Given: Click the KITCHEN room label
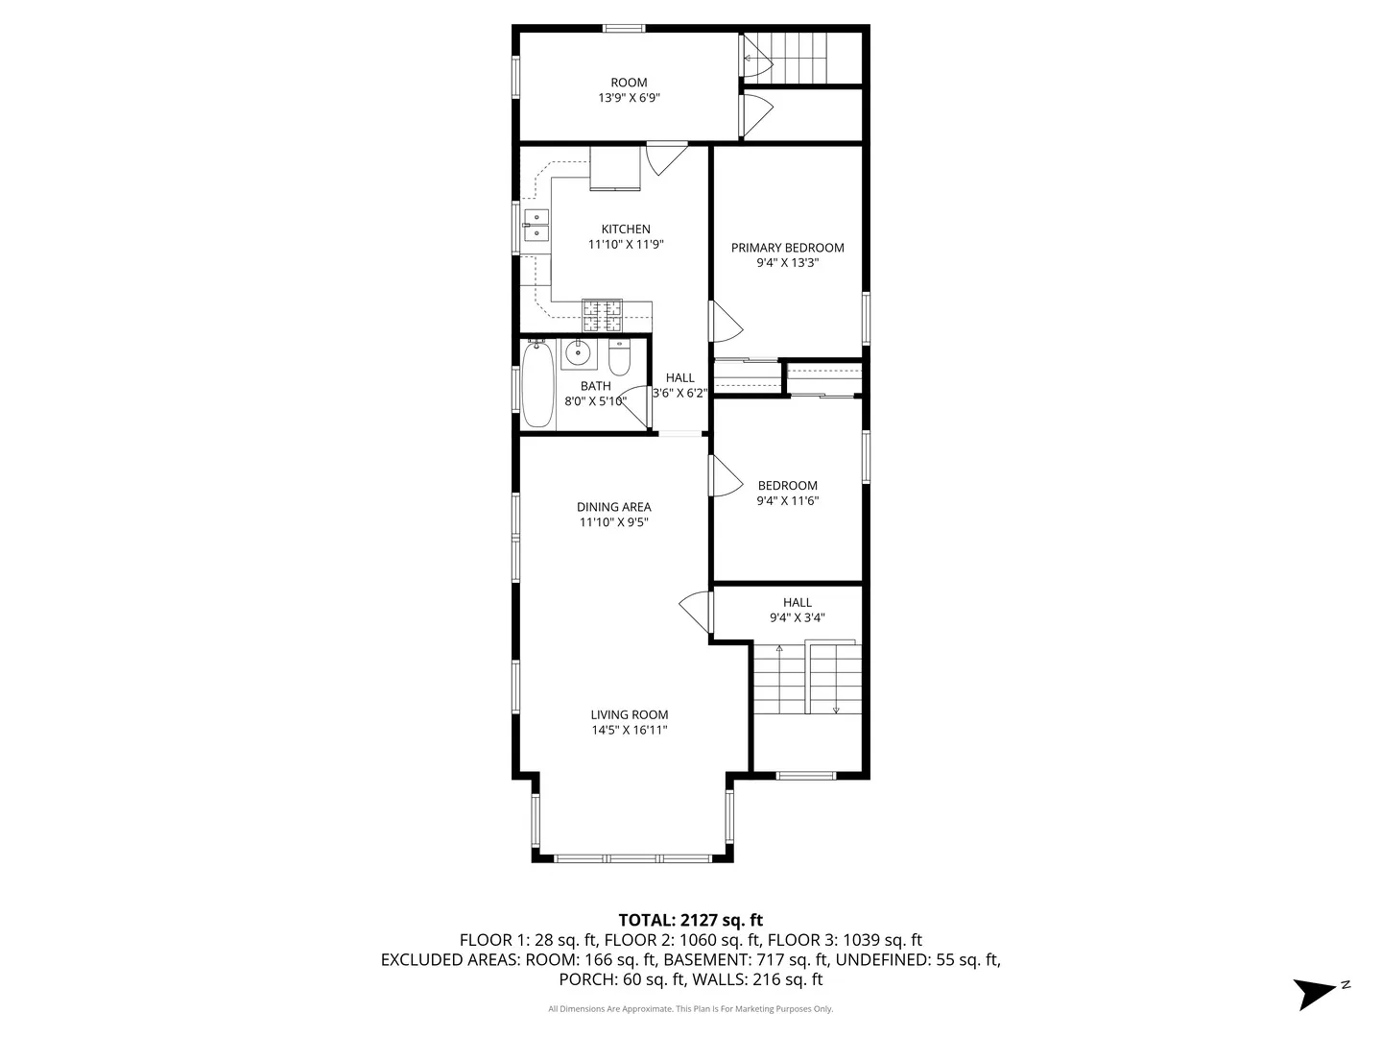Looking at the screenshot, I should tap(626, 229).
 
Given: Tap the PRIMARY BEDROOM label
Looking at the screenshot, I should tap(787, 248).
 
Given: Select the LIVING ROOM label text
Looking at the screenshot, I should tap(629, 714).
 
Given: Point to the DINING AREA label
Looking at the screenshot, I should tap(613, 507).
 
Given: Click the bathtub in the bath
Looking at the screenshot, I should tap(537, 384).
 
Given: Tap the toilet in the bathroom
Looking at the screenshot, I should tap(619, 357).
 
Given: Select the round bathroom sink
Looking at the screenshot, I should tap(578, 353).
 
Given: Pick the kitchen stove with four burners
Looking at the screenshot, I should tap(602, 315).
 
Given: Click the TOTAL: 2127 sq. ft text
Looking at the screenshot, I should tap(690, 920).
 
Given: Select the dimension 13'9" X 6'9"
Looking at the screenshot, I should tap(629, 98).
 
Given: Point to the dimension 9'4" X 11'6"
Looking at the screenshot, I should tap(787, 500).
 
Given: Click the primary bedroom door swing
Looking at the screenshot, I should tap(725, 321).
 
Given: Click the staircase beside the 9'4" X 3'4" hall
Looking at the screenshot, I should tap(806, 679).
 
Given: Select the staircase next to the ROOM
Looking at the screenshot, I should tap(798, 58).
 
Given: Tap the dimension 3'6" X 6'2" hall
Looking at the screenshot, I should tap(679, 393).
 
